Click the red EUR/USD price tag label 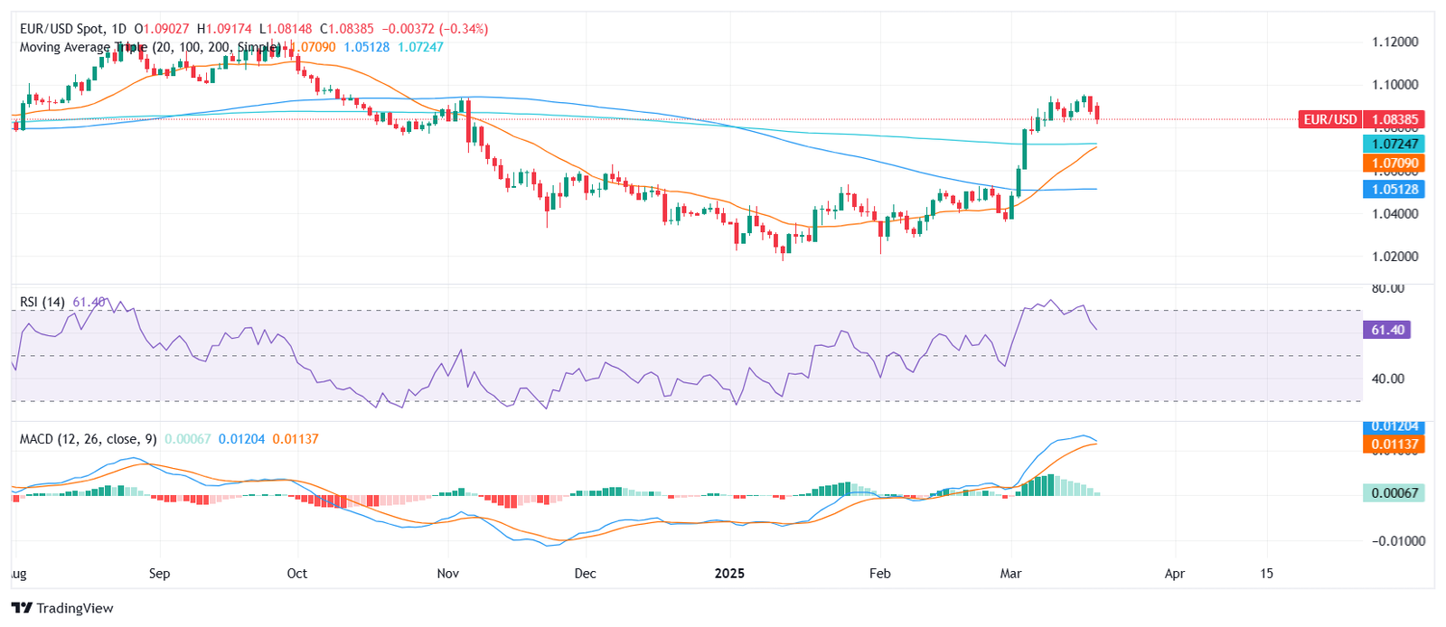tap(1329, 119)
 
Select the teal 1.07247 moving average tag tap(1394, 144)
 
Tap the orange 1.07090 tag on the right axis tap(1394, 164)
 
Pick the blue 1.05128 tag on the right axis tap(1394, 189)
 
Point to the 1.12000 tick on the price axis tap(1394, 42)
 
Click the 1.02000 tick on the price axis tap(1394, 257)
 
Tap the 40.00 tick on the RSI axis tap(1387, 379)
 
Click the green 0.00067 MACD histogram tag tap(1393, 492)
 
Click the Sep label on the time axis tap(159, 574)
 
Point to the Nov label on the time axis tap(447, 574)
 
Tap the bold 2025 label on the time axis tap(729, 574)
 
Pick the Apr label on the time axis tap(1174, 574)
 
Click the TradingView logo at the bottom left tap(62, 608)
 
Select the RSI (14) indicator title tap(42, 302)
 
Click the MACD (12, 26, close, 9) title tap(88, 439)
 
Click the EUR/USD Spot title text tap(61, 29)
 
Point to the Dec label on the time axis tap(585, 574)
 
